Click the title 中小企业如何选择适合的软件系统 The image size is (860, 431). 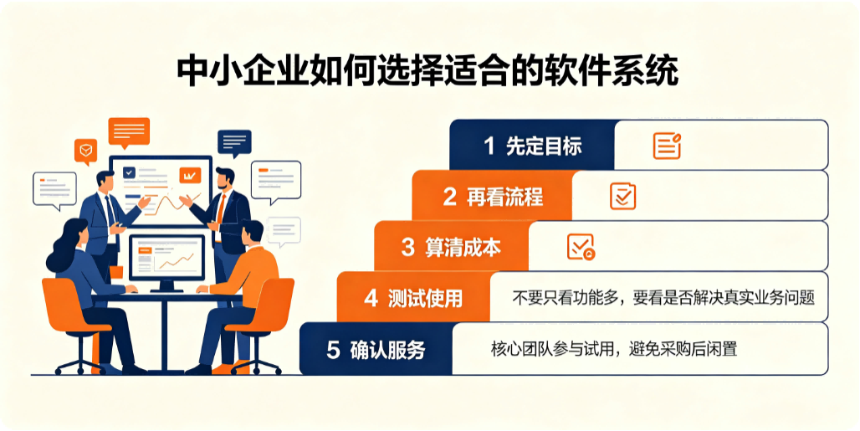tap(427, 70)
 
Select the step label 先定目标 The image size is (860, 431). tap(544, 146)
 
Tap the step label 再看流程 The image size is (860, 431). tap(505, 197)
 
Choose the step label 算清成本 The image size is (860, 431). tap(463, 248)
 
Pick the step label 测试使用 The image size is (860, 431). tap(425, 298)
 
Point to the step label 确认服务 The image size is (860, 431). tap(388, 349)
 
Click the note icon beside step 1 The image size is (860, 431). tap(667, 146)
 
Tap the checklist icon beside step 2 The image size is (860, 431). tap(623, 197)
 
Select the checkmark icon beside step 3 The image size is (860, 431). tap(581, 247)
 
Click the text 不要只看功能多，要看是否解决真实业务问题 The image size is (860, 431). tap(663, 298)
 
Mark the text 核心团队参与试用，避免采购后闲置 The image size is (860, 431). tap(614, 349)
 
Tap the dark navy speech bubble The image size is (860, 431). tap(234, 143)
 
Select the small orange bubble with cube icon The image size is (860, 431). tap(85, 151)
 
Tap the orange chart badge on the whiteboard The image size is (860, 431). tap(190, 176)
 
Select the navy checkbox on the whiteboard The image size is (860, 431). tap(130, 172)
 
